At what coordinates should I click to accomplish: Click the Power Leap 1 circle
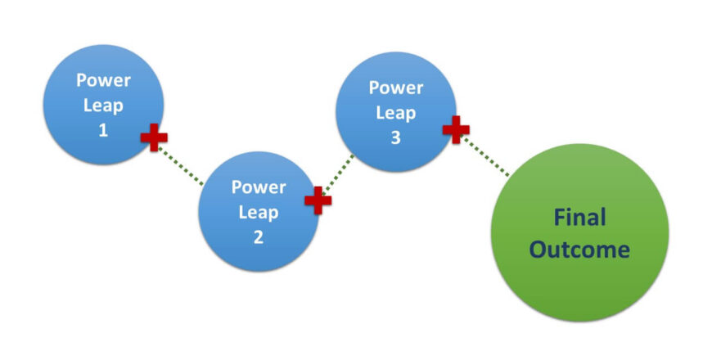[103, 104]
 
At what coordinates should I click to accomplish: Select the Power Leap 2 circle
[259, 211]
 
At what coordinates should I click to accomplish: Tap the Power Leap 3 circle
[396, 112]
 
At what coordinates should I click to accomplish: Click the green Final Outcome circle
[579, 233]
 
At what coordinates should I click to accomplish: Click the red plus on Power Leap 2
[318, 199]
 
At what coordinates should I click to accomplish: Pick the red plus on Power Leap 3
[456, 128]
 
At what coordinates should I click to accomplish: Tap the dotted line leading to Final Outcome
[486, 156]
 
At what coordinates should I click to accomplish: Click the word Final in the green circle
[579, 218]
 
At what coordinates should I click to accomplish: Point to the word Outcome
[579, 249]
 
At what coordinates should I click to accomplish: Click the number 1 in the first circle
[103, 129]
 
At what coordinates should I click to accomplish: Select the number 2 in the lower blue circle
[259, 237]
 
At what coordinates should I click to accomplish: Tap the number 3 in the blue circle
[396, 137]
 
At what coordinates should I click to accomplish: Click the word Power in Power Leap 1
[103, 80]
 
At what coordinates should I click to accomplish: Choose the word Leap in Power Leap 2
[259, 212]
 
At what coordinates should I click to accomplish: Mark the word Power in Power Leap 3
[396, 87]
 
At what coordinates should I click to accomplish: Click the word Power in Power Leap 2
[259, 187]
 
